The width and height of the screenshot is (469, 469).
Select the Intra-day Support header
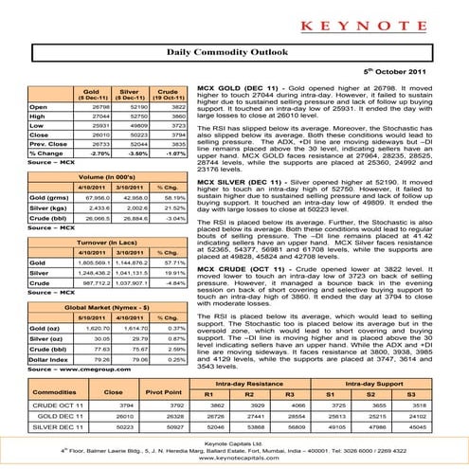tap(381, 381)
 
